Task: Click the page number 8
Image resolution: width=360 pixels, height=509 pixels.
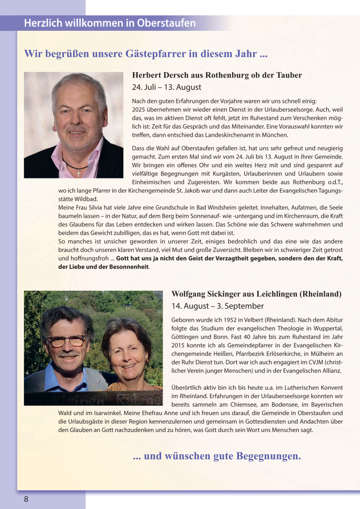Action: coord(26,499)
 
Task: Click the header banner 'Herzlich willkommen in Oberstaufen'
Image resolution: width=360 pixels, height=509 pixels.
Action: coord(110,23)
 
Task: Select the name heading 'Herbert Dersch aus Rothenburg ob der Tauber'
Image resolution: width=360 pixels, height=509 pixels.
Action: coord(217,76)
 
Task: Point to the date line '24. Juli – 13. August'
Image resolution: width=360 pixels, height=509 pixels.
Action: coord(167,87)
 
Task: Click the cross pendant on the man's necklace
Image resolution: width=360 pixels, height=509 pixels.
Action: coord(79,173)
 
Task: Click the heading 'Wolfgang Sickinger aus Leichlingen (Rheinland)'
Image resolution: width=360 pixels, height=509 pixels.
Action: coord(256,294)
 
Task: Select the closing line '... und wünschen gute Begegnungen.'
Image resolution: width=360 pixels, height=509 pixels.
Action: coord(217,456)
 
